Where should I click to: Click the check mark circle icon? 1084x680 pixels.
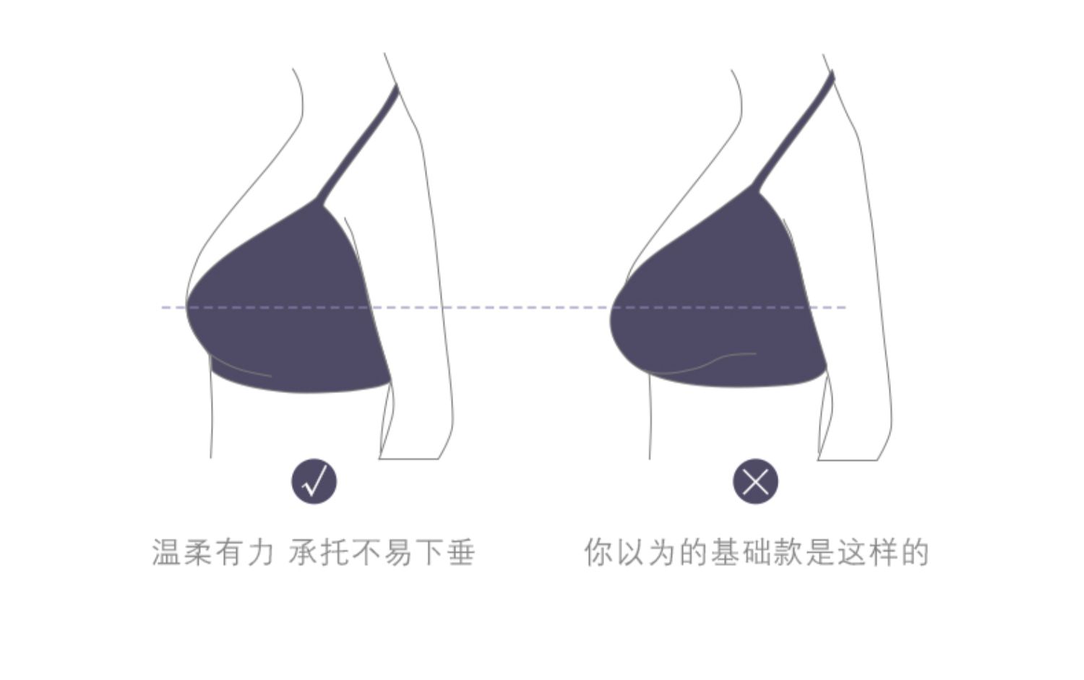pos(314,481)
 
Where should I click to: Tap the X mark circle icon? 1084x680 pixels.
pos(755,481)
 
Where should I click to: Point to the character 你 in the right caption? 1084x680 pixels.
pos(599,552)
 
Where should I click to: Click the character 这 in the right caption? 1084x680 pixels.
pos(852,552)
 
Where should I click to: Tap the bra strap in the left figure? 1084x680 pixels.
pos(358,143)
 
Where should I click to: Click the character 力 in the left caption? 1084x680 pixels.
pos(262,552)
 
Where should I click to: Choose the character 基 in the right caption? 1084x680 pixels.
pos(726,552)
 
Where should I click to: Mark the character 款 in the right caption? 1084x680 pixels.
pos(789,552)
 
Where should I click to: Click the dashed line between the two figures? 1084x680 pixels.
pos(504,307)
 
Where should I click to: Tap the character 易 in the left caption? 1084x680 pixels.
pos(397,552)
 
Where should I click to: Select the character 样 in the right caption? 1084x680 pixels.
pos(884,552)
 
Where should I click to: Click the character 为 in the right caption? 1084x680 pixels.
pos(662,552)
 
